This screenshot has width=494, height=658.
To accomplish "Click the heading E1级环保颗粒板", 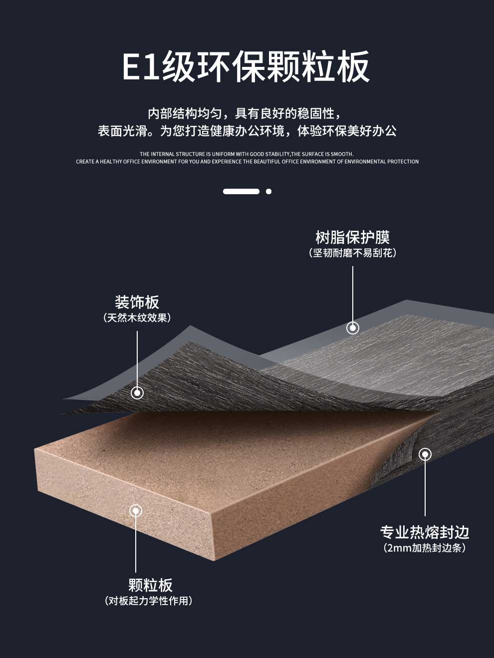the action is tap(247, 66).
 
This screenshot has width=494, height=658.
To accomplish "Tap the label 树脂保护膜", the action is tap(352, 237).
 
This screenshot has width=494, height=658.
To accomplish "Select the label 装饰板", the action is tap(137, 302).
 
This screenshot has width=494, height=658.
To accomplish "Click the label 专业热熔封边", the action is tap(425, 532).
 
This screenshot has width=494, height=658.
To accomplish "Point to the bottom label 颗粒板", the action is tap(150, 585).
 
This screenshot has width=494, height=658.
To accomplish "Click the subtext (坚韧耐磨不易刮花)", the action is tap(352, 253).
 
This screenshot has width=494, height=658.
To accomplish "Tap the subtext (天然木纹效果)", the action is tap(137, 318).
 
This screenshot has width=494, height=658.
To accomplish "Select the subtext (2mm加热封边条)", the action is tap(425, 548).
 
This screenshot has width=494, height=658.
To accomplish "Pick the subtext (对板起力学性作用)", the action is tap(149, 601).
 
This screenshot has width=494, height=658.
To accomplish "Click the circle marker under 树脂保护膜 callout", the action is tap(353, 328).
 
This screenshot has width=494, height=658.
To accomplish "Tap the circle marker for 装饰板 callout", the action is tap(137, 393).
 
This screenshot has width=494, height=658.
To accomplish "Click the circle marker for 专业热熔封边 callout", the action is tap(425, 454).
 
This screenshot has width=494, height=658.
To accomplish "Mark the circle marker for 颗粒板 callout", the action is tap(136, 511).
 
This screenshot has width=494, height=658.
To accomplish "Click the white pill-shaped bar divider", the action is tap(241, 191).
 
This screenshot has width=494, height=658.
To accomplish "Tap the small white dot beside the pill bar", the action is tap(269, 191).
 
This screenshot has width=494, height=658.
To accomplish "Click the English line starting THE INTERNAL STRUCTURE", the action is tap(247, 154).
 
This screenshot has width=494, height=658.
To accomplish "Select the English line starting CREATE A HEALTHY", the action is tap(247, 162).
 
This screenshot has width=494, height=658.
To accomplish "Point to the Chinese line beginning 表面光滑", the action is tap(247, 131).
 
